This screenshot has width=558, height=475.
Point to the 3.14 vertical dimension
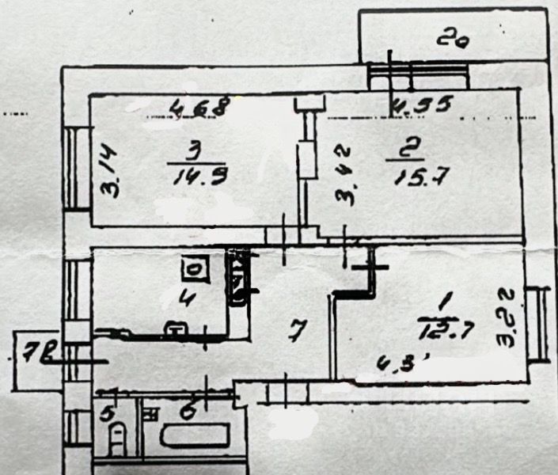point(109,174)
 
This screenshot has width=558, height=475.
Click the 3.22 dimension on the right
point(507,317)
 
